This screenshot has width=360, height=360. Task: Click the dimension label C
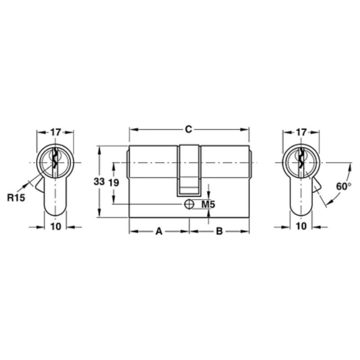click(189, 130)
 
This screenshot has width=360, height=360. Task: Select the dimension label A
click(158, 232)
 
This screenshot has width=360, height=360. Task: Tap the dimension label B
click(219, 232)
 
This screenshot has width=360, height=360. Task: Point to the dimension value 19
click(114, 182)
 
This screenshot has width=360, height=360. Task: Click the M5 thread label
click(208, 205)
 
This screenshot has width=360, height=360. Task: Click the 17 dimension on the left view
click(55, 132)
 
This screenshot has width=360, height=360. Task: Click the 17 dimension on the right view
click(301, 132)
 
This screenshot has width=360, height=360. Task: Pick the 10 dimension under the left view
click(56, 226)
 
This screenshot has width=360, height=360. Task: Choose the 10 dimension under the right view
click(301, 226)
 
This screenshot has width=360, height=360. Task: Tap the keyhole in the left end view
click(55, 159)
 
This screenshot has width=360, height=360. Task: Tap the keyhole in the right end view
click(301, 159)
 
